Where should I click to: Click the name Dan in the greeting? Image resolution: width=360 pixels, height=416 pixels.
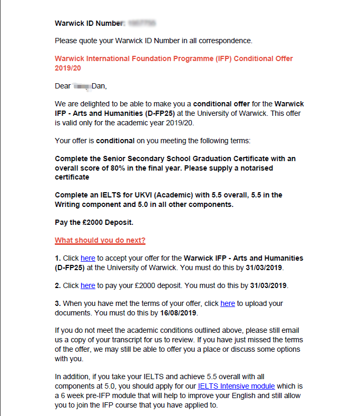pos(99,86)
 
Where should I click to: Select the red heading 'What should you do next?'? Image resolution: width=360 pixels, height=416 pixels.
pos(100,241)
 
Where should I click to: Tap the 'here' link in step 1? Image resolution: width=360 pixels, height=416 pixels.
pos(87,259)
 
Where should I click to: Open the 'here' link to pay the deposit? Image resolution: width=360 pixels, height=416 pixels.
pos(87,285)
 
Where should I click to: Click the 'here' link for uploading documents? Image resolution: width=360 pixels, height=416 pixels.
pos(228,303)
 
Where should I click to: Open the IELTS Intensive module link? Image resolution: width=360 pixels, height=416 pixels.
pos(236,386)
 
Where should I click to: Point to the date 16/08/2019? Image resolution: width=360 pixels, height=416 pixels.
pos(179,313)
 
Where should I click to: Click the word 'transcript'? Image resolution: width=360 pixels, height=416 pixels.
pos(116,340)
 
